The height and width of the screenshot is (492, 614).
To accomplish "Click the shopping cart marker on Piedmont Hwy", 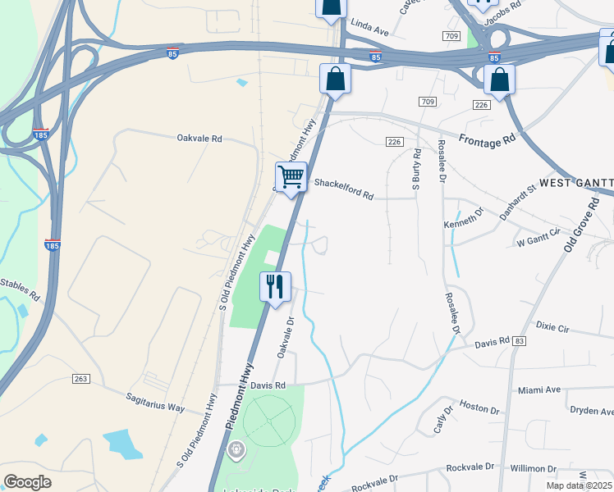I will coord(291,176).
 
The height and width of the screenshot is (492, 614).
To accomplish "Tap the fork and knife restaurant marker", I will coord(275,287).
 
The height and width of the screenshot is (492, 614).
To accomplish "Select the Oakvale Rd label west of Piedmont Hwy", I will coord(199,139).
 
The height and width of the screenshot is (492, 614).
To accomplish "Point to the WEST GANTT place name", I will coord(575,181).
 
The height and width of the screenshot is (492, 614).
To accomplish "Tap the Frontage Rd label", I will coord(487,141).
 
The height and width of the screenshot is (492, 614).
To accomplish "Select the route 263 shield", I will coord(80,378).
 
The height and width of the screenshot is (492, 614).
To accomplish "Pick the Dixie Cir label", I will coord(552,326).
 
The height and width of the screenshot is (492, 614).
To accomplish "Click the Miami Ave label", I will coord(538,389).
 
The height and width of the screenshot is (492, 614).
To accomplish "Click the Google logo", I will coord(28,481).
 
